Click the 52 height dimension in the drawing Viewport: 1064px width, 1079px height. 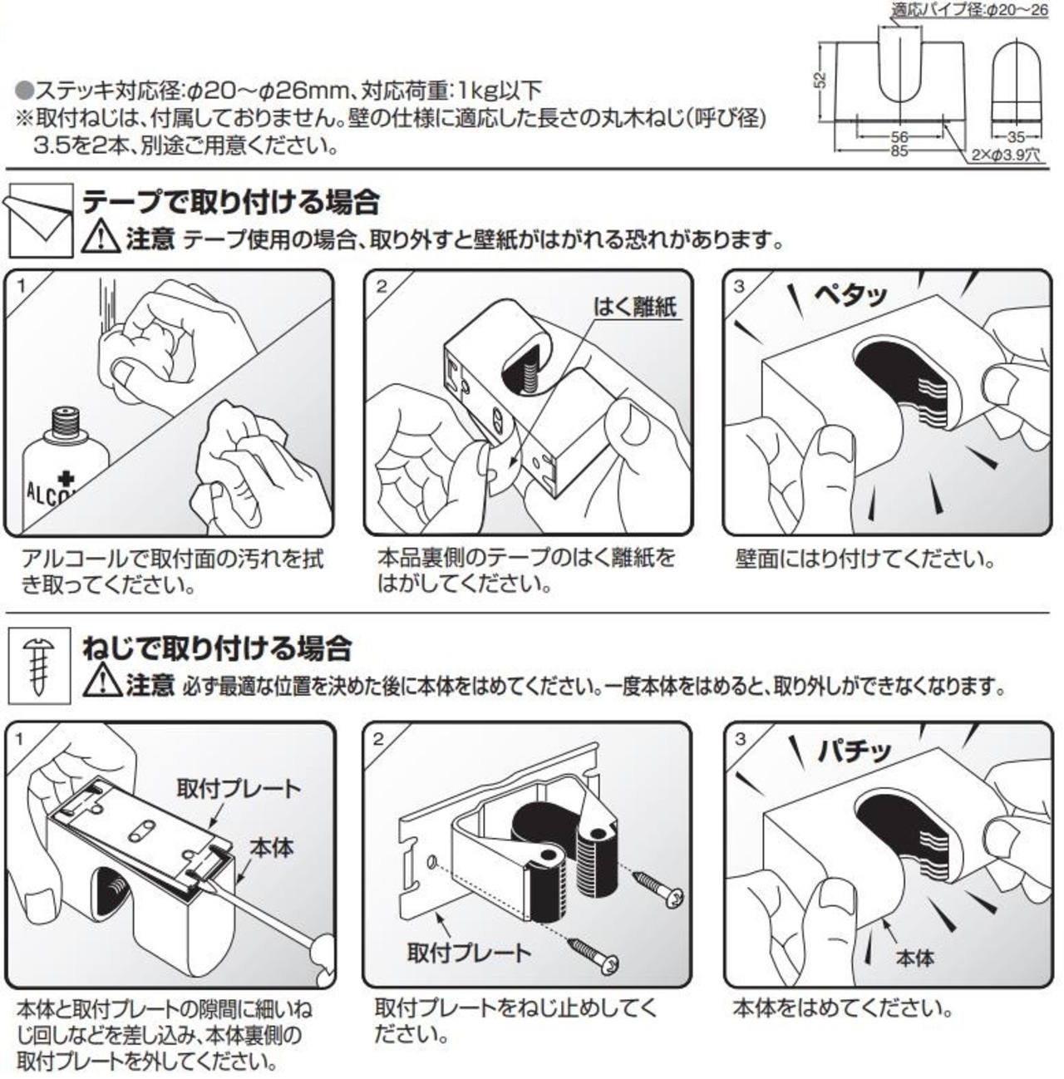pos(821,81)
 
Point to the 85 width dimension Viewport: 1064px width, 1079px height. pos(898,151)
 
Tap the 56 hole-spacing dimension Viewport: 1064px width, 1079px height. pos(899,137)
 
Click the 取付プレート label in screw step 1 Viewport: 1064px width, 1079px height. pos(239,787)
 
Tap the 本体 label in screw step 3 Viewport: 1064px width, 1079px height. pos(914,958)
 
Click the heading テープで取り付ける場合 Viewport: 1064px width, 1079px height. pos(231,202)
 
